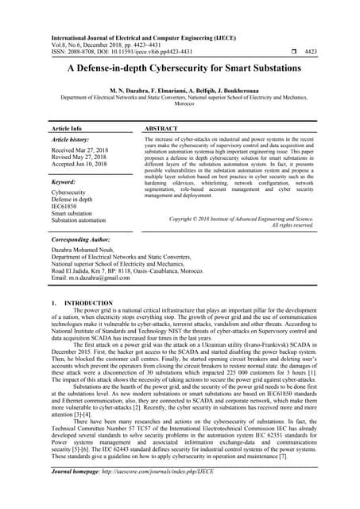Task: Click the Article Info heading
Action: pyautogui.click(x=67, y=127)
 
